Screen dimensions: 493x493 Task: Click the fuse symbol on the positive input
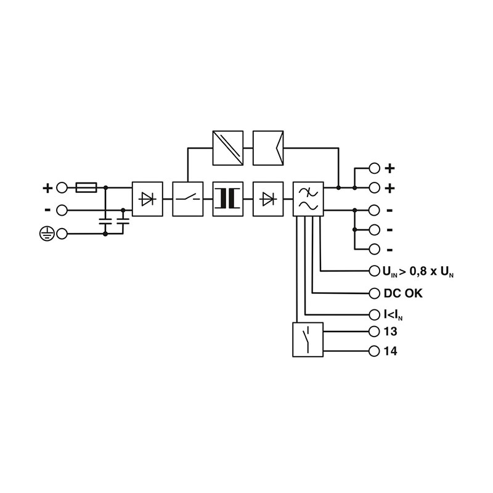(x=86, y=188)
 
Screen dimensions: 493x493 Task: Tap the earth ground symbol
(x=47, y=234)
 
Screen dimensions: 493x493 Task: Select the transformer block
(x=228, y=199)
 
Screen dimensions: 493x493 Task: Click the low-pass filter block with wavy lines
(x=308, y=199)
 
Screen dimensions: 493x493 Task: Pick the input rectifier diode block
(x=147, y=199)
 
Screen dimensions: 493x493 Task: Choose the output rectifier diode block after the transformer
(x=268, y=199)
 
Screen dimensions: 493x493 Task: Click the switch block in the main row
(x=188, y=199)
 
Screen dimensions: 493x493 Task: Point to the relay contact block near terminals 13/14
(x=308, y=340)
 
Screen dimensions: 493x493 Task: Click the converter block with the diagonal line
(x=228, y=148)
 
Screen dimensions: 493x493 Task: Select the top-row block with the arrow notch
(x=268, y=148)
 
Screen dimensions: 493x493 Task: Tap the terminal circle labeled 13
(x=374, y=332)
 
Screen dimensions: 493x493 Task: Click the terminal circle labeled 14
(x=374, y=351)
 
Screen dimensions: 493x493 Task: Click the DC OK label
(x=403, y=293)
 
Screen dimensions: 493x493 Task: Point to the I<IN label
(x=393, y=314)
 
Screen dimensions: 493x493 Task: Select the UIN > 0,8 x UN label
(x=418, y=271)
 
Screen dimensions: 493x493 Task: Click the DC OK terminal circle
(x=374, y=293)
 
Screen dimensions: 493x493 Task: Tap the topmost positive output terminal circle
(x=374, y=168)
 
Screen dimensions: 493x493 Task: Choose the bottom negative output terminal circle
(x=374, y=250)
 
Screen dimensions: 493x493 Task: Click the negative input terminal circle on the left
(x=62, y=210)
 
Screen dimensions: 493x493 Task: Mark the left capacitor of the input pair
(x=105, y=221)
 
